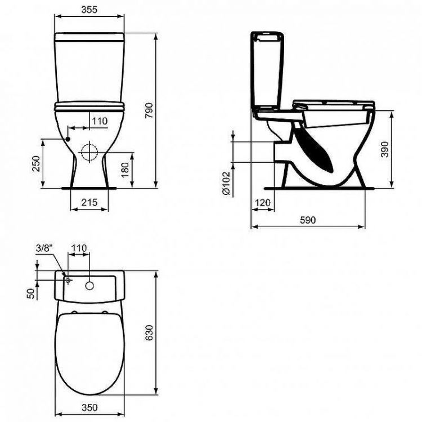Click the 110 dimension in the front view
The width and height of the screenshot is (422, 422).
(99, 121)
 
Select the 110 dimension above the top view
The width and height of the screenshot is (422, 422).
(78, 247)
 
